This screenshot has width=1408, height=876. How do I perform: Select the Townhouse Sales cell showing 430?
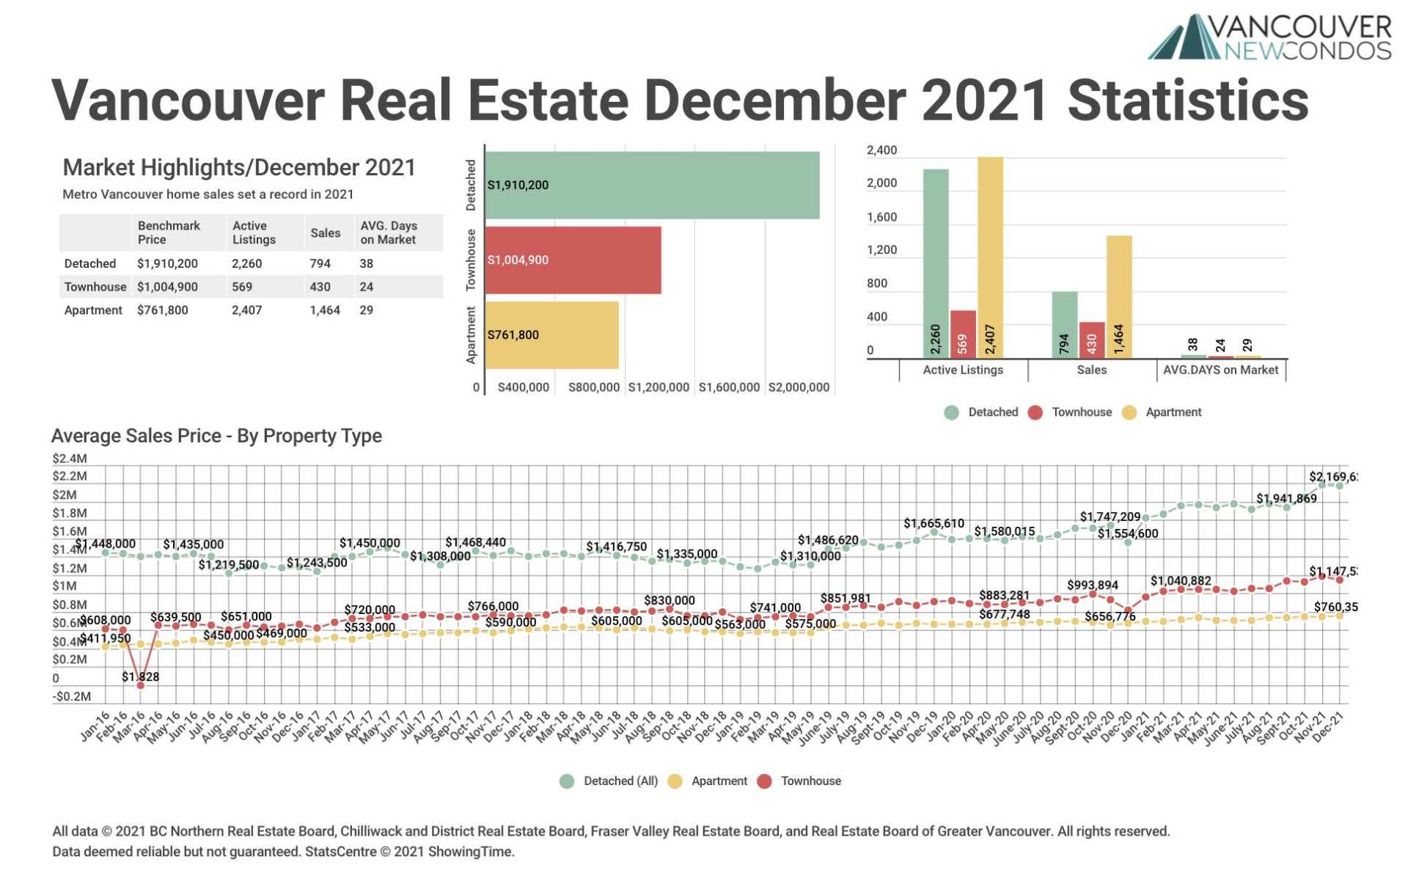320,287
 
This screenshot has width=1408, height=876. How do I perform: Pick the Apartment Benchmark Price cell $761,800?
163,310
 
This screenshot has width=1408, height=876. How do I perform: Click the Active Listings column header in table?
254,233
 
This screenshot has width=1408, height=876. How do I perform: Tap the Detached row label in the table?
90,263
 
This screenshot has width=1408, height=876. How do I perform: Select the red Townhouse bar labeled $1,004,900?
573,260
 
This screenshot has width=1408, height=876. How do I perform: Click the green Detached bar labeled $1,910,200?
652,185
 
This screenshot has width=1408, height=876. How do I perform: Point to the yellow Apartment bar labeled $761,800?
551,335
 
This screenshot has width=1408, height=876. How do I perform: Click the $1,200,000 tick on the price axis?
658,387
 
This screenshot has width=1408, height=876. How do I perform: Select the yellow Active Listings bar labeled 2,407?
990,257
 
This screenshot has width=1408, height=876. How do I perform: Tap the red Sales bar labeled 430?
1091,340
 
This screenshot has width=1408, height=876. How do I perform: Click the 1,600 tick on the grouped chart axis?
881,217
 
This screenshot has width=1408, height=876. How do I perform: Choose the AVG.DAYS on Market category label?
1220,370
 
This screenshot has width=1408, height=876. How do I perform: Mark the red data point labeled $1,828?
140,685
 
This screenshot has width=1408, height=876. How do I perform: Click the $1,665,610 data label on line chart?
934,523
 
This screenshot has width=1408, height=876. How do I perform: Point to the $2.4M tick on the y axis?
70,459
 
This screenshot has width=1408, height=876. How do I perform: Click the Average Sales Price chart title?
216,436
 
